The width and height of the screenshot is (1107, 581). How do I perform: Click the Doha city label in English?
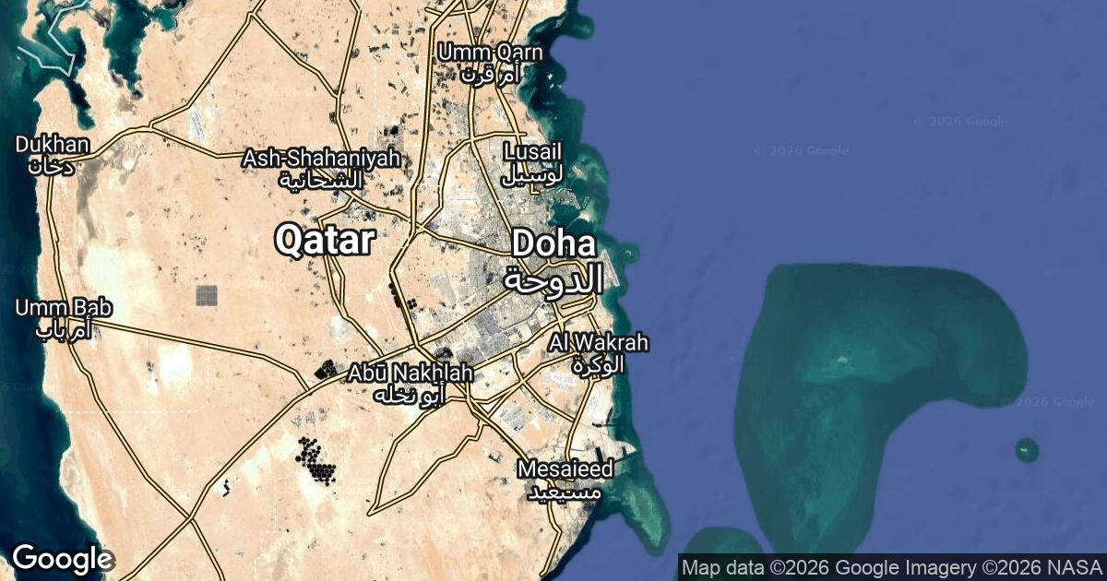click(x=553, y=244)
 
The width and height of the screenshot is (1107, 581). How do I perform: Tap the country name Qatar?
click(x=325, y=241)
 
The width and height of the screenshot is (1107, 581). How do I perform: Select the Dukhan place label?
click(x=53, y=145)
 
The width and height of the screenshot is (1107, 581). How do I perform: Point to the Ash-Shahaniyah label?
click(x=321, y=159)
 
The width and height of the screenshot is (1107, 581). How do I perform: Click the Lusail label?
click(x=532, y=151)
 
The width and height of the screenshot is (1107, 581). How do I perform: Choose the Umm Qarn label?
click(x=490, y=53)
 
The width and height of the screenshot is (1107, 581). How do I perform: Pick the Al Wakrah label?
click(x=598, y=343)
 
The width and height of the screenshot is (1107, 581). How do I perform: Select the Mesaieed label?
click(x=565, y=469)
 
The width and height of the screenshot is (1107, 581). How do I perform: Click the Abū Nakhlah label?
click(x=411, y=373)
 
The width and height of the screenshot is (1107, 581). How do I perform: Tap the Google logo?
click(x=62, y=558)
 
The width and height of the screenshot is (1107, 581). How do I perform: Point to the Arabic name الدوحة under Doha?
click(x=553, y=277)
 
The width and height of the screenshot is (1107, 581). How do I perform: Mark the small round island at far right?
click(x=1027, y=450)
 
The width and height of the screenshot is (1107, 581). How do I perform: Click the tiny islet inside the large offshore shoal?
click(x=841, y=359)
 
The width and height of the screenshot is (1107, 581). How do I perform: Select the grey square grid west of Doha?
click(x=207, y=296)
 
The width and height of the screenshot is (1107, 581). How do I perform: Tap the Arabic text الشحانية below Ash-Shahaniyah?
click(x=321, y=180)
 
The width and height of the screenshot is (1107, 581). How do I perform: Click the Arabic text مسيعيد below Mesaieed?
click(x=565, y=491)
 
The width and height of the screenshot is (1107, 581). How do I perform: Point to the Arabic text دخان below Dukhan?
click(x=50, y=166)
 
